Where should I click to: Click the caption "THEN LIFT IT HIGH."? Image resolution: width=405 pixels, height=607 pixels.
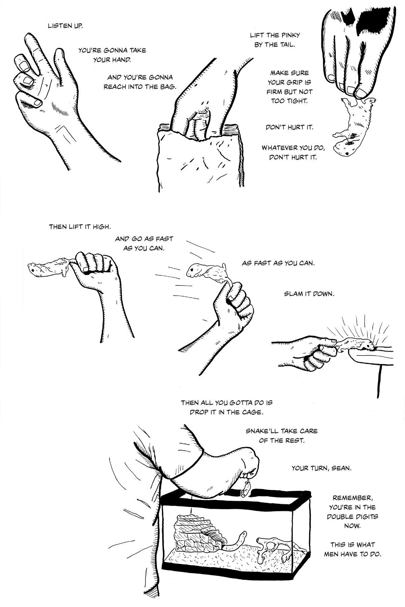(x=80, y=227)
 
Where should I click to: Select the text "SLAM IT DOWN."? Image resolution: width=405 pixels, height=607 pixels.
(x=309, y=294)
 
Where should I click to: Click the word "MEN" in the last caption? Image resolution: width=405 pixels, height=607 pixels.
(x=332, y=554)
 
